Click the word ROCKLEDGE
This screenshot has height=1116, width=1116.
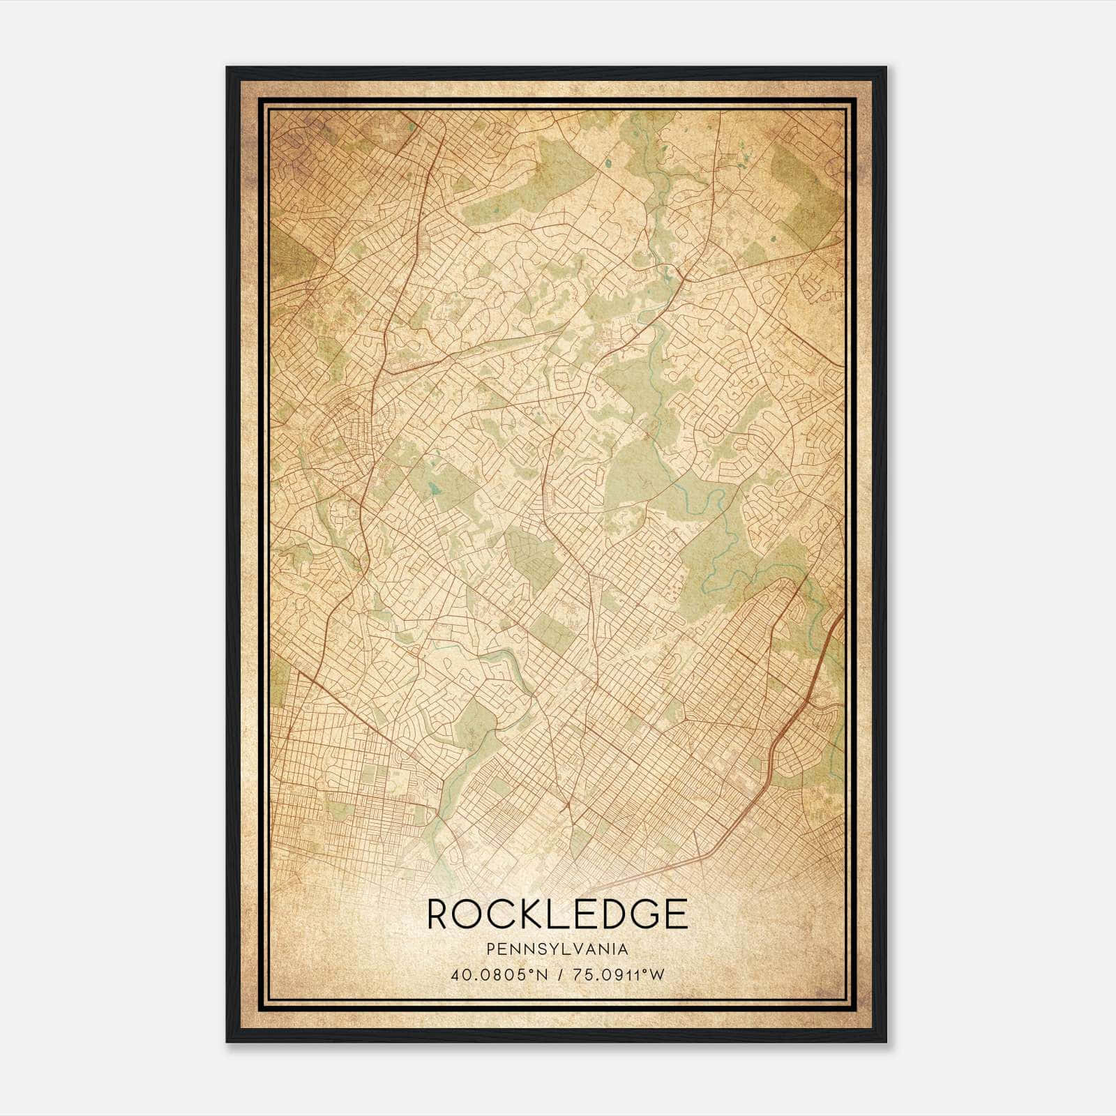point(557,914)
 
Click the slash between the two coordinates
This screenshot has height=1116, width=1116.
point(557,974)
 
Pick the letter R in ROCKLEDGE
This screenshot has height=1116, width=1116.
point(437,914)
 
